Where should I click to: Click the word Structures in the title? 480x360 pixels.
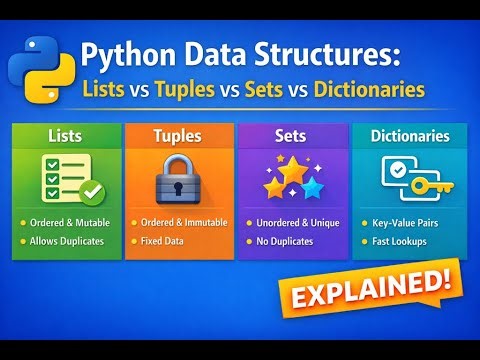coord(326,56)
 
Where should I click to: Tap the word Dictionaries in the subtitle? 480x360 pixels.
coord(369,89)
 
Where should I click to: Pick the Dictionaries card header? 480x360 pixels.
coord(408,134)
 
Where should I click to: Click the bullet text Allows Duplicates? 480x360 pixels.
coord(67,242)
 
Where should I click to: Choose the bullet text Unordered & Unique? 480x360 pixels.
coord(296,222)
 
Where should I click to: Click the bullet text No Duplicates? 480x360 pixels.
coord(286,242)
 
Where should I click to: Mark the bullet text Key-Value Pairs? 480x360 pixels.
coord(403,222)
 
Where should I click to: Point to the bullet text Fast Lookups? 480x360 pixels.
coord(399,242)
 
